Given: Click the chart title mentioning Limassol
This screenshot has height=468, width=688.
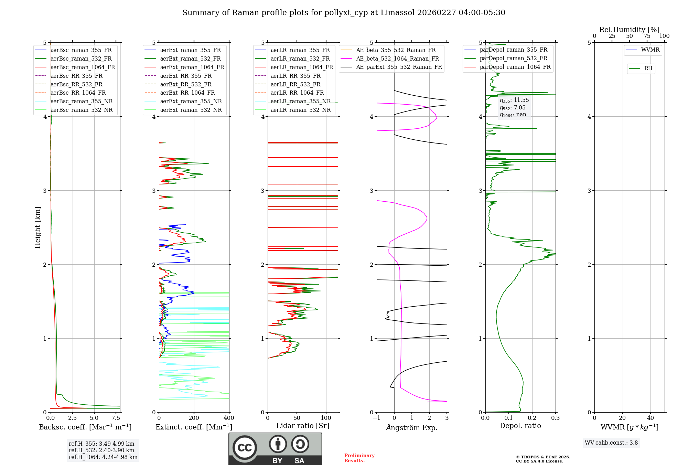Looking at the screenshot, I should [344, 13].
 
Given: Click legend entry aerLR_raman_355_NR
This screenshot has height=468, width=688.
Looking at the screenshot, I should [300, 101].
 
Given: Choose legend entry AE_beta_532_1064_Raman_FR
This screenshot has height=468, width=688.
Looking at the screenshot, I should [397, 58].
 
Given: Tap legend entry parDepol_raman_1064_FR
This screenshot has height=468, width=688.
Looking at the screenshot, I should [515, 67].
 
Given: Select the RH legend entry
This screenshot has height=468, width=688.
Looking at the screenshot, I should [648, 68].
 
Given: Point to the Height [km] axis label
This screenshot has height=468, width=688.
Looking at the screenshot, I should [37, 227].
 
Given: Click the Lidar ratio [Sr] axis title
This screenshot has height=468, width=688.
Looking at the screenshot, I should [303, 426].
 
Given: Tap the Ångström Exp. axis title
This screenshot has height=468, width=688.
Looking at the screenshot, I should [412, 427].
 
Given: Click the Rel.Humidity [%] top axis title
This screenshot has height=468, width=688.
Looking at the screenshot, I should [629, 30].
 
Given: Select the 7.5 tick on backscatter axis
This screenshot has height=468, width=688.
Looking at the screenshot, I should [116, 418].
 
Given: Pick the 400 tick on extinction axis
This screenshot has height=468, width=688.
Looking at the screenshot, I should [229, 418].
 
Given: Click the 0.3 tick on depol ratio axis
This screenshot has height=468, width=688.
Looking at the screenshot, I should [556, 418].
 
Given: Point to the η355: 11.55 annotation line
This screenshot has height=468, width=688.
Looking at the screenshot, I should [514, 100].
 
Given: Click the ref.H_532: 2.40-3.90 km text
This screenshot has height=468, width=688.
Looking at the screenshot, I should [101, 450].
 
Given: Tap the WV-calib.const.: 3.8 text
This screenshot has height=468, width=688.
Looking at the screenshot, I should [611, 443].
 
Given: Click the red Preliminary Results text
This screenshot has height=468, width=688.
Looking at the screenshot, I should [359, 458].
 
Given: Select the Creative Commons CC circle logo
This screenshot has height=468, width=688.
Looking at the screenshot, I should [245, 448].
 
